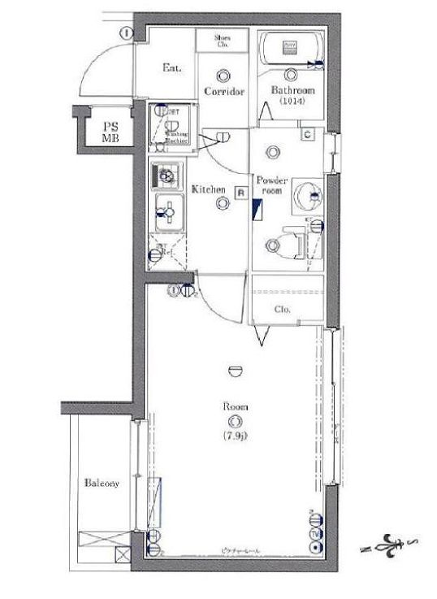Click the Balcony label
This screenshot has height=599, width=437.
tap(102, 484)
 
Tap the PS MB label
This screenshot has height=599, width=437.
tap(108, 132)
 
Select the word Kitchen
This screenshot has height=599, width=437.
tap(208, 189)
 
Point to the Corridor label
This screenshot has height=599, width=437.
tap(224, 92)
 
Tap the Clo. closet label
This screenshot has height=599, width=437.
tap(283, 310)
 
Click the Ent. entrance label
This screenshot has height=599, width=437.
tap(171, 68)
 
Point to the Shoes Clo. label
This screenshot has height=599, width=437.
tap(223, 41)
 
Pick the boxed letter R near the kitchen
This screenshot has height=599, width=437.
tap(240, 192)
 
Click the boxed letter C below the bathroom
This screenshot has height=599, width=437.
tap(307, 135)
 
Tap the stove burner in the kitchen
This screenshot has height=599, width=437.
tap(166, 175)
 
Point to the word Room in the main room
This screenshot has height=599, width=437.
tap(236, 406)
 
